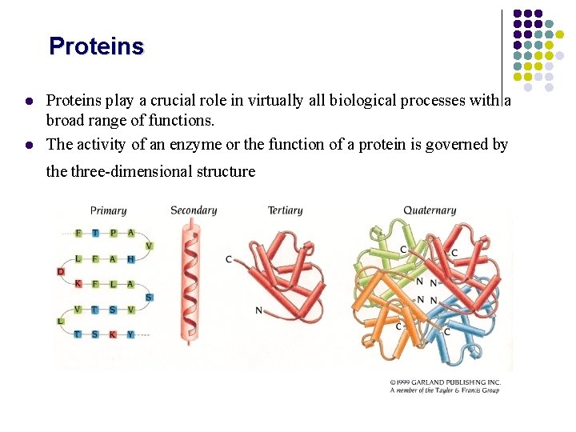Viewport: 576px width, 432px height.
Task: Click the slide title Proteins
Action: click(x=96, y=46)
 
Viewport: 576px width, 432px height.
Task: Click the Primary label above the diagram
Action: click(x=108, y=210)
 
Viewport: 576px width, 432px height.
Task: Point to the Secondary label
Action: click(x=194, y=210)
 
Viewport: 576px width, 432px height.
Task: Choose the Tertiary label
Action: click(x=285, y=210)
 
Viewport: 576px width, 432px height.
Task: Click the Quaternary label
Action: click(x=430, y=210)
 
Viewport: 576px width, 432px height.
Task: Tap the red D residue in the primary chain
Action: click(x=61, y=272)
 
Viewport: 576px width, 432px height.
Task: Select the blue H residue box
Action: click(x=130, y=258)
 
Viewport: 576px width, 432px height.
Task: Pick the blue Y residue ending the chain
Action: click(x=130, y=334)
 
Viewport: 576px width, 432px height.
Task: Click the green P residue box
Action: click(x=113, y=233)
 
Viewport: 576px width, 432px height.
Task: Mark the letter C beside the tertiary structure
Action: click(x=230, y=258)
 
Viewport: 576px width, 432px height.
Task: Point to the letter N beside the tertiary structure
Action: click(x=258, y=310)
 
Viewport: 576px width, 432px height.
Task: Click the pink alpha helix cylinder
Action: click(x=190, y=280)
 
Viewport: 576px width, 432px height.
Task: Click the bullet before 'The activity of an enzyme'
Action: click(x=28, y=145)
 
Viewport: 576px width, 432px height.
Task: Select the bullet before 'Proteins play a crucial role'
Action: click(x=28, y=102)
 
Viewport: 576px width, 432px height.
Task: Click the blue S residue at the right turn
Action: click(x=149, y=297)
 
